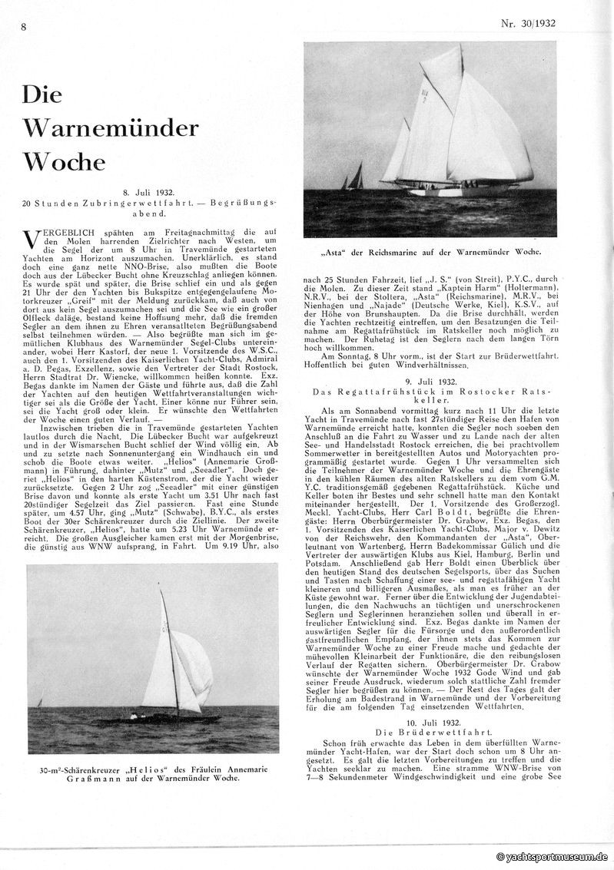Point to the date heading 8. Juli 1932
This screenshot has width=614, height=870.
[x=150, y=191]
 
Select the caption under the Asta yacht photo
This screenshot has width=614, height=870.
[x=429, y=252]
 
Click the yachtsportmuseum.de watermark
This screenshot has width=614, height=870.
[x=553, y=856]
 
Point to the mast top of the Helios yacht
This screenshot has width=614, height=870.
[x=161, y=585]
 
